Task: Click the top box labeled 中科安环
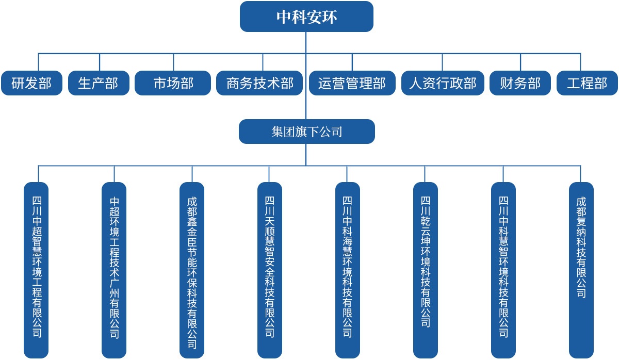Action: pos(306,17)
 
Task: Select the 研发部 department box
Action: pos(31,83)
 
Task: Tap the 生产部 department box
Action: pos(99,83)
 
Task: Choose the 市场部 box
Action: pos(173,83)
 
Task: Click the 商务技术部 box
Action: pos(259,83)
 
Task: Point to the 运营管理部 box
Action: pos(352,83)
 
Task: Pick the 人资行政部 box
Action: pos(443,83)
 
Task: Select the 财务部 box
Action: pos(520,83)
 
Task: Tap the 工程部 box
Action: pos(587,83)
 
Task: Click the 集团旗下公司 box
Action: pos(307,132)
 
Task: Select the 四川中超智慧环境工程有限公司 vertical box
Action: pos(36,270)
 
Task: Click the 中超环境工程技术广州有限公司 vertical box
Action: pos(114,270)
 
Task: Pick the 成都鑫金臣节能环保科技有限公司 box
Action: pos(192,270)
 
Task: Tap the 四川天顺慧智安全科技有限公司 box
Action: pos(270,270)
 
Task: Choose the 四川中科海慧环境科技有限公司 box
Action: pos(348,270)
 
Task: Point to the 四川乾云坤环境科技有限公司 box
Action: pos(426,270)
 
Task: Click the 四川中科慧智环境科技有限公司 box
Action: pos(503,270)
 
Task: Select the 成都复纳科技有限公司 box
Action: pos(581,270)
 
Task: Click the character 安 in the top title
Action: pos(314,17)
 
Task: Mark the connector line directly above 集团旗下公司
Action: pos(306,76)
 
